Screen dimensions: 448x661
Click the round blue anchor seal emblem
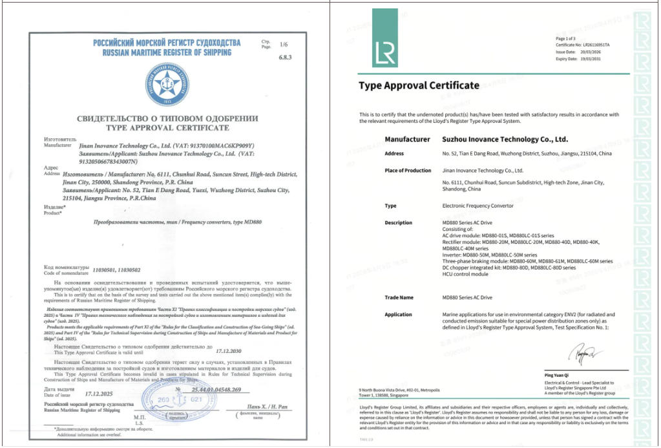click(167, 84)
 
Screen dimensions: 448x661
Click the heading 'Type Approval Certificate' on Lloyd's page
click(419, 85)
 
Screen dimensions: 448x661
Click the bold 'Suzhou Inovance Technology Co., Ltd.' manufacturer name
click(504, 139)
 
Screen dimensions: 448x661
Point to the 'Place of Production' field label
click(408, 171)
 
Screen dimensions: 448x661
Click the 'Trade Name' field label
click(398, 298)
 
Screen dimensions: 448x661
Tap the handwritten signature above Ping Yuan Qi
click(583, 353)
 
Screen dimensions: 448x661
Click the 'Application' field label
click(398, 315)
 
